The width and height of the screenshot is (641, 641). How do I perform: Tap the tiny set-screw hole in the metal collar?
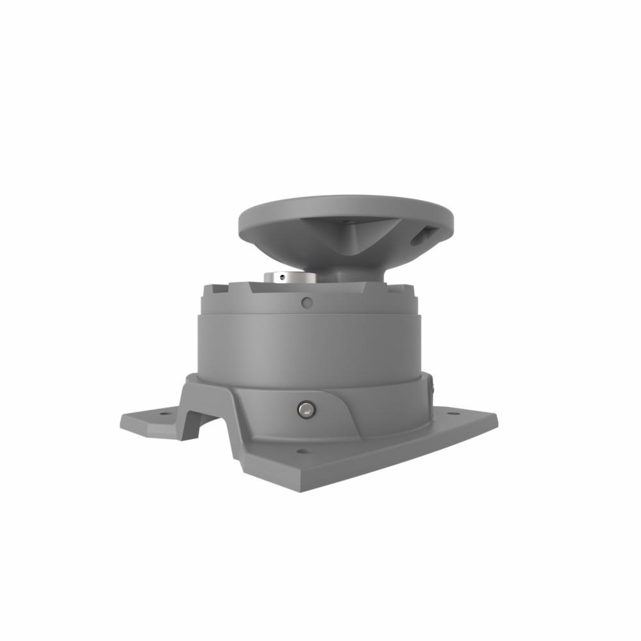pyautogui.click(x=283, y=278)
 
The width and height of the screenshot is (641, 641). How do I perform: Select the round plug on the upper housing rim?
pyautogui.click(x=307, y=301)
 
